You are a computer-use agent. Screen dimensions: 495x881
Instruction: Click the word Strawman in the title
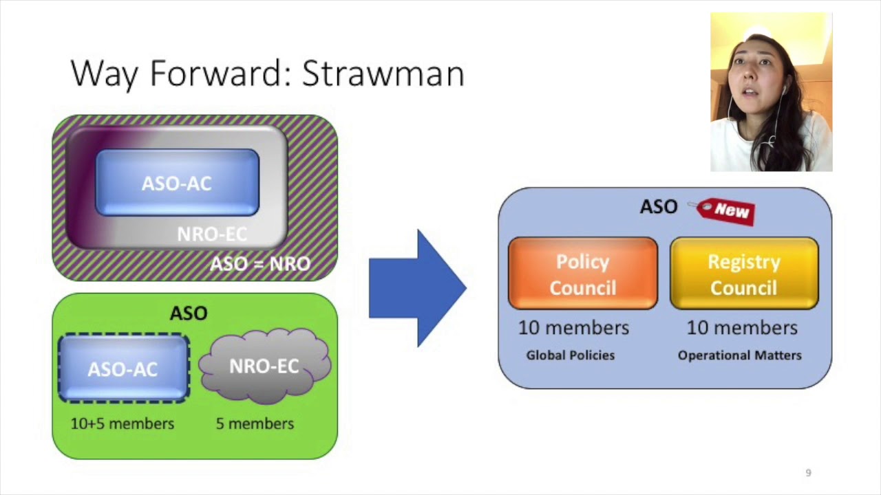tap(383, 74)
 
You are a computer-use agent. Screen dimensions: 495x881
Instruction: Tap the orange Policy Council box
tap(582, 274)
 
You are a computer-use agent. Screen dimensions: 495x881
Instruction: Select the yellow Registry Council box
tap(744, 274)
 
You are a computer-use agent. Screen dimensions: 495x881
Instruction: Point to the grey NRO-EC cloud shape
tap(264, 366)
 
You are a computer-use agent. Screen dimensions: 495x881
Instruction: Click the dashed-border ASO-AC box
tap(123, 368)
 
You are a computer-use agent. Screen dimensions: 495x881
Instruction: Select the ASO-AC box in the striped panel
tap(177, 183)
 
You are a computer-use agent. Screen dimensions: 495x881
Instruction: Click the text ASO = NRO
tap(260, 264)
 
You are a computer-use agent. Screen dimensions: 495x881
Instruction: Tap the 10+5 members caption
tap(123, 423)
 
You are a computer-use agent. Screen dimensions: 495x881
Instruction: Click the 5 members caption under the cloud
tap(255, 423)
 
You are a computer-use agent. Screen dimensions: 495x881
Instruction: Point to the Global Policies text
tap(571, 355)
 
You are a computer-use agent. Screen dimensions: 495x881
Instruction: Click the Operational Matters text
tap(740, 355)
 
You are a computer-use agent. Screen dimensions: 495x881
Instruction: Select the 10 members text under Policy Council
tap(573, 328)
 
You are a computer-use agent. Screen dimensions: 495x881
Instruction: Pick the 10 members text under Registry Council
tap(742, 328)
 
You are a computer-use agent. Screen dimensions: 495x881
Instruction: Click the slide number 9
tap(809, 473)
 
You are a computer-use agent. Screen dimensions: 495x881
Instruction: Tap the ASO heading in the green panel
tap(189, 313)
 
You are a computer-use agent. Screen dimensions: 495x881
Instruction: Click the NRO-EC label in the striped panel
tap(212, 234)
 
